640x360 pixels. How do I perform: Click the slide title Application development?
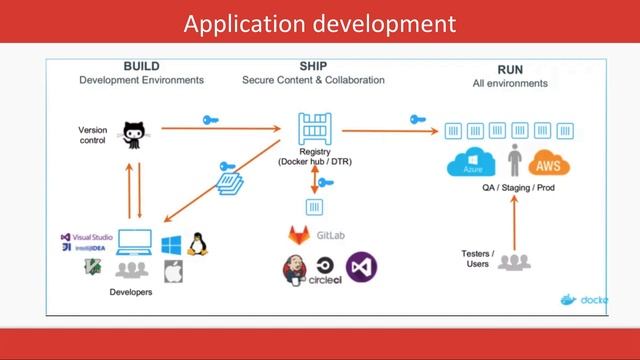click(320, 22)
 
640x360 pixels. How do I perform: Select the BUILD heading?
click(141, 66)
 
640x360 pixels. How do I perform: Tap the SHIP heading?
click(311, 66)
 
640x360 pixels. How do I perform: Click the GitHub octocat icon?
click(134, 133)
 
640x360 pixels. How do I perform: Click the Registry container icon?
click(315, 129)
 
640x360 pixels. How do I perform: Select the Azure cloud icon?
click(472, 162)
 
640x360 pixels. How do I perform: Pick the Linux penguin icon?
click(196, 242)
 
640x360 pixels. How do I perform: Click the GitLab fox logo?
click(299, 236)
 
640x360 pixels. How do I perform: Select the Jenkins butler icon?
click(296, 269)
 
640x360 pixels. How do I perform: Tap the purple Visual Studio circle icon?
click(361, 267)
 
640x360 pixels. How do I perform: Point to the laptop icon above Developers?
click(133, 243)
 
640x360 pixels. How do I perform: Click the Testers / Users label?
click(476, 257)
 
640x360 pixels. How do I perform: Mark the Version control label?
click(93, 134)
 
